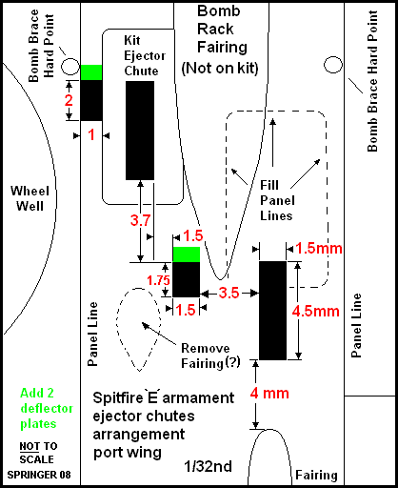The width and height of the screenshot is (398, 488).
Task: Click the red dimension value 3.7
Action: pyautogui.click(x=140, y=220)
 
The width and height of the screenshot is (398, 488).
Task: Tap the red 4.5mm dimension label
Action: pyautogui.click(x=316, y=311)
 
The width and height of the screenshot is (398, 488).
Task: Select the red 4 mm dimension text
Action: pyautogui.click(x=269, y=394)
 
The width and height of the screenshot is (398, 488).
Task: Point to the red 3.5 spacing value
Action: pyautogui.click(x=229, y=293)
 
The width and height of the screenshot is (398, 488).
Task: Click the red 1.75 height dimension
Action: pyautogui.click(x=158, y=280)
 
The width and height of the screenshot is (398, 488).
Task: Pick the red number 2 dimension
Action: pyautogui.click(x=69, y=100)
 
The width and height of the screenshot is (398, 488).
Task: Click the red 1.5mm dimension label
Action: pyautogui.click(x=319, y=248)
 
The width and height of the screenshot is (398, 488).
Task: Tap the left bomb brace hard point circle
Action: pyautogui.click(x=70, y=67)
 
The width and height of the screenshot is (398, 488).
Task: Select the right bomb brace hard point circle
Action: pyautogui.click(x=333, y=65)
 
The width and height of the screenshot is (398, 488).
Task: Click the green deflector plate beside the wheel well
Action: pyautogui.click(x=91, y=72)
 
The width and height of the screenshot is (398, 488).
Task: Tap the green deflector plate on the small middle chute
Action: pyautogui.click(x=187, y=254)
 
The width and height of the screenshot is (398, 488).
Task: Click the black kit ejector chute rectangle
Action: pyautogui.click(x=140, y=131)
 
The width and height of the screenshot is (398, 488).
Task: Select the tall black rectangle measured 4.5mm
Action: pyautogui.click(x=273, y=311)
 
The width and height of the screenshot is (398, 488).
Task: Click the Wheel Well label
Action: pyautogui.click(x=30, y=198)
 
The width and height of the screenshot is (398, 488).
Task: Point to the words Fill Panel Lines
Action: pyautogui.click(x=277, y=200)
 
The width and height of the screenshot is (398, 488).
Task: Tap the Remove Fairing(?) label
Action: pyautogui.click(x=210, y=356)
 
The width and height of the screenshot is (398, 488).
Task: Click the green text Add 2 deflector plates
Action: pyautogui.click(x=47, y=409)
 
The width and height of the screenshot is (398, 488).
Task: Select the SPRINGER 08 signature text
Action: pyautogui.click(x=39, y=475)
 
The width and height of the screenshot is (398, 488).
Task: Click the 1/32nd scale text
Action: pyautogui.click(x=209, y=466)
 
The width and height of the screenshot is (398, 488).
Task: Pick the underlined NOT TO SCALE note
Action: pyautogui.click(x=38, y=453)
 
